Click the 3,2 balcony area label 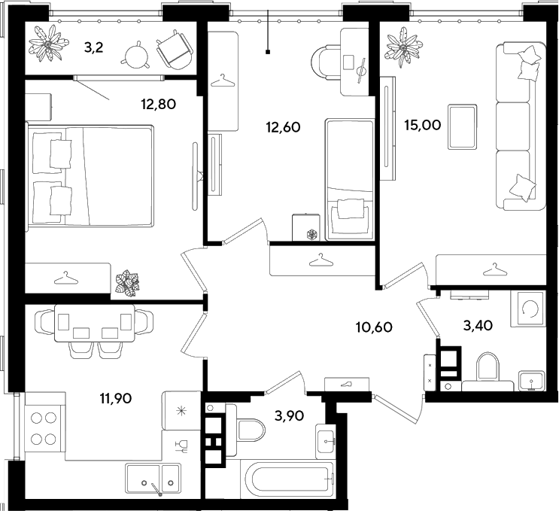coord(94,47)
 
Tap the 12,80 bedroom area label coord(158,105)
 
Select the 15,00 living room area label coord(423,125)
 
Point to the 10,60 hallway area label coord(374,327)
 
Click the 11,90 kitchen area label coord(116,398)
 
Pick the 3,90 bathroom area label coord(289,415)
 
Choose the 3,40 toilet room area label coord(478,325)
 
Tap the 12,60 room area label coord(284,127)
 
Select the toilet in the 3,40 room coord(488,371)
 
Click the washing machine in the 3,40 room coord(528,309)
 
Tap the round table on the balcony coord(136,54)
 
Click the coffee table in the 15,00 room coord(463,126)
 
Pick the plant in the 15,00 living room coord(403,48)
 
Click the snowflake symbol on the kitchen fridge coord(182,412)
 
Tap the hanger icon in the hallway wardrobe coord(321,260)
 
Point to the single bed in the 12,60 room coord(349,180)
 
